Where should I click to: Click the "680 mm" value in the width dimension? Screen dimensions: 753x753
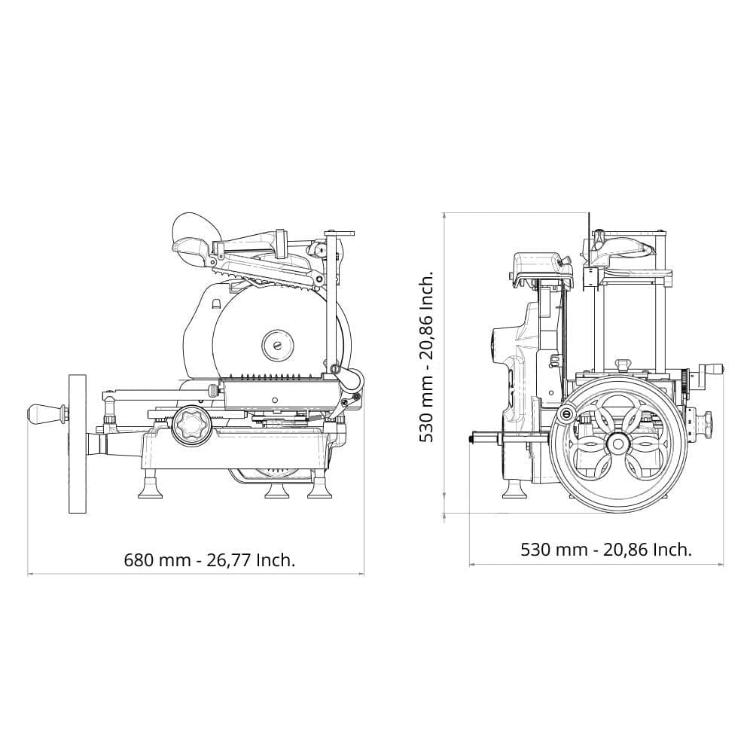pyautogui.click(x=157, y=560)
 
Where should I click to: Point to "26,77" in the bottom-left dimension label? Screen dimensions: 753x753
pyautogui.click(x=229, y=560)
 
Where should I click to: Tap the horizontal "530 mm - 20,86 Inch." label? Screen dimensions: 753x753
pyautogui.click(x=606, y=550)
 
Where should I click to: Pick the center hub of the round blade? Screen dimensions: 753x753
pyautogui.click(x=278, y=344)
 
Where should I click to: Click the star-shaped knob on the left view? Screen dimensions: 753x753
pyautogui.click(x=191, y=425)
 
